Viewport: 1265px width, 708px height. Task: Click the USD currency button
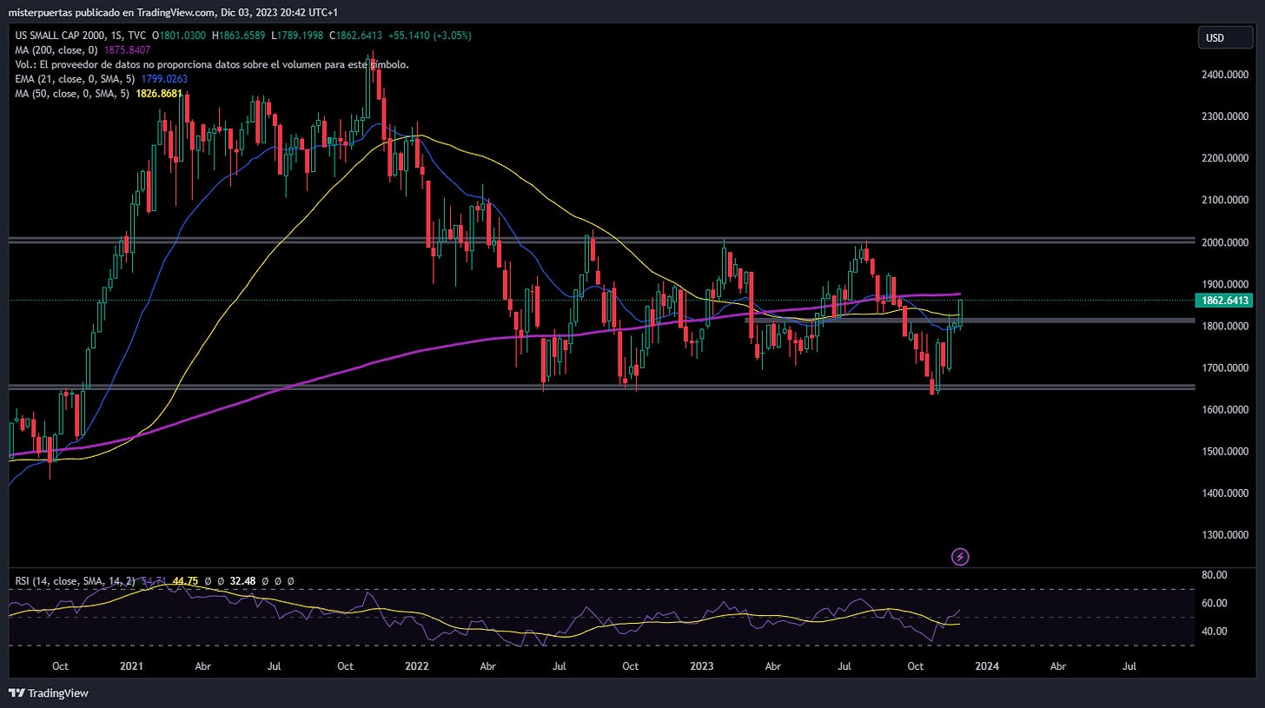pos(1225,38)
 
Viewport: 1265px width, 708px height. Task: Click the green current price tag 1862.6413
pos(1224,301)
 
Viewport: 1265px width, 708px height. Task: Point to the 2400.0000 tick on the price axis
pos(1225,75)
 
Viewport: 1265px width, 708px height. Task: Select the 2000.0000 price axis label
pos(1225,242)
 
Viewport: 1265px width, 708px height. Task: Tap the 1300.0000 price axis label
pos(1225,534)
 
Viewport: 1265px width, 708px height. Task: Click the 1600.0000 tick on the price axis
pos(1225,409)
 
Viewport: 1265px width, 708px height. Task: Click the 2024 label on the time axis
pos(987,666)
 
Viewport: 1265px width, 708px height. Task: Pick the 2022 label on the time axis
pos(417,666)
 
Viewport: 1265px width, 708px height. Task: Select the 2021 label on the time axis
pos(131,666)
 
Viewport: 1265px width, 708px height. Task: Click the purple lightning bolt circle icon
pos(960,557)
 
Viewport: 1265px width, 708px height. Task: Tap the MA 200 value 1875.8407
pos(127,50)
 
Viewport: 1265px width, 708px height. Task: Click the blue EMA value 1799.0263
pos(164,79)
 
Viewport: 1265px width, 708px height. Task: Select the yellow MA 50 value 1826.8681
pos(159,94)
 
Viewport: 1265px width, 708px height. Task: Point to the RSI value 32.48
pos(242,581)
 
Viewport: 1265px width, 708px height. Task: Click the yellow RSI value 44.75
pos(185,581)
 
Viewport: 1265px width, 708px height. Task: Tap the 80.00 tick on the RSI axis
pos(1215,575)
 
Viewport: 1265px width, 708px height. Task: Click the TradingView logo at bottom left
pos(49,692)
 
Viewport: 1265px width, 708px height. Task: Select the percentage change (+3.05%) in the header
pos(453,36)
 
